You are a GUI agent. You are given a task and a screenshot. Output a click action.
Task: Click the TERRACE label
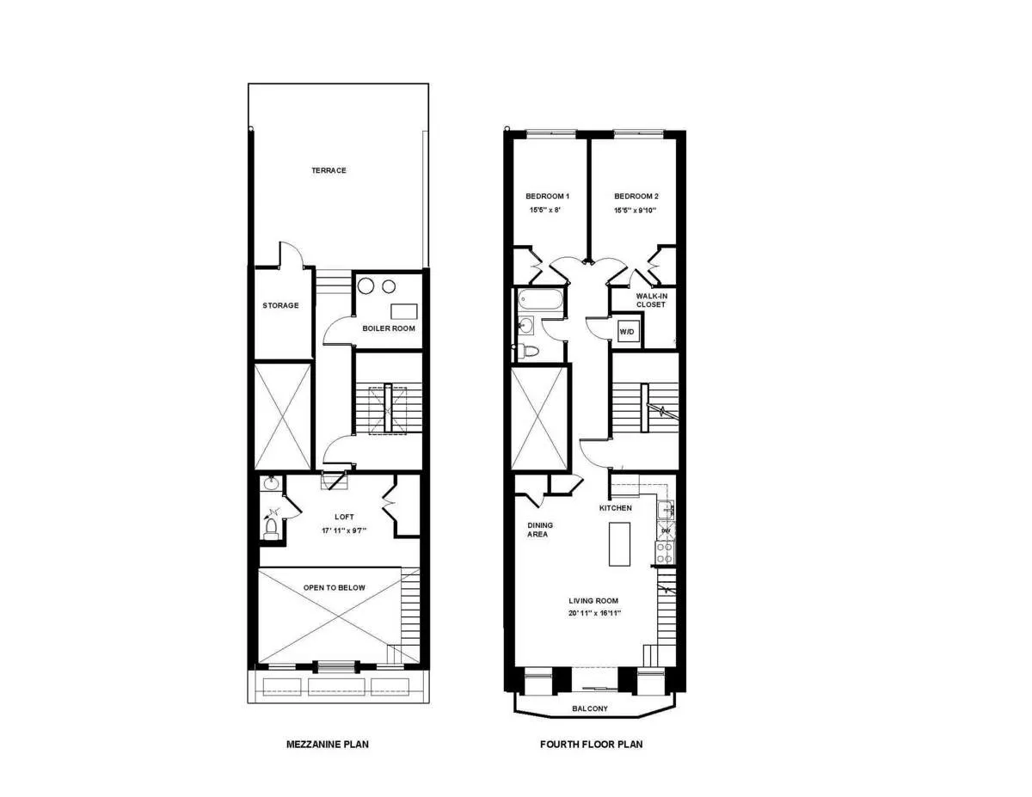(329, 170)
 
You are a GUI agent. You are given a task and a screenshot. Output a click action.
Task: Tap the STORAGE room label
(280, 305)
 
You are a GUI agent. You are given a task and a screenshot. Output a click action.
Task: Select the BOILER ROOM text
(389, 328)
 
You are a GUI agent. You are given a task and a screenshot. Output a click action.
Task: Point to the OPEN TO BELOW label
(334, 588)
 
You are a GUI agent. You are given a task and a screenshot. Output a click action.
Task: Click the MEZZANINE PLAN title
(327, 745)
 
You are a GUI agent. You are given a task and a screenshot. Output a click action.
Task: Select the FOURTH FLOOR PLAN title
(591, 745)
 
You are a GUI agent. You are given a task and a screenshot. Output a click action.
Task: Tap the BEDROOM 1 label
(548, 196)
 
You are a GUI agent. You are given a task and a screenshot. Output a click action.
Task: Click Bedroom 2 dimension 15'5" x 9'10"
(635, 210)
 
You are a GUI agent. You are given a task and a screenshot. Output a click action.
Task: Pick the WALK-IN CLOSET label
(651, 300)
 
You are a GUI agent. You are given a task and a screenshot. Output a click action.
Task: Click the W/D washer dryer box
(627, 332)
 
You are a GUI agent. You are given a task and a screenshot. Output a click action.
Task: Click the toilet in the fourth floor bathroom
(526, 351)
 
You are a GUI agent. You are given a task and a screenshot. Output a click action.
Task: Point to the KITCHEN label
(616, 508)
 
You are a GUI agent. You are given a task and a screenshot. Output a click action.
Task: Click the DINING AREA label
(540, 530)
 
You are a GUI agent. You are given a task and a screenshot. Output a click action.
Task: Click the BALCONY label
(590, 709)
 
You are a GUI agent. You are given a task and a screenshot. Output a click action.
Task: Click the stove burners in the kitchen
(666, 553)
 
